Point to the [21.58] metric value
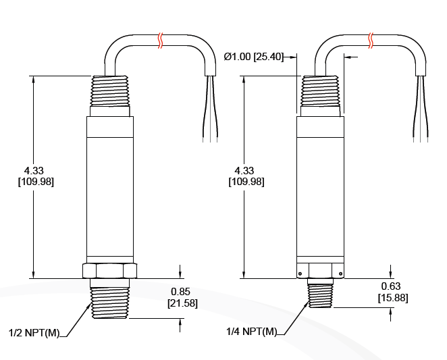click(x=182, y=303)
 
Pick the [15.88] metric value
click(x=392, y=297)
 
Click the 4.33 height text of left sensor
click(x=34, y=170)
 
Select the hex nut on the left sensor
click(x=109, y=270)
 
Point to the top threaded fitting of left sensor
click(x=109, y=91)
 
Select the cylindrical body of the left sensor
click(x=109, y=186)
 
